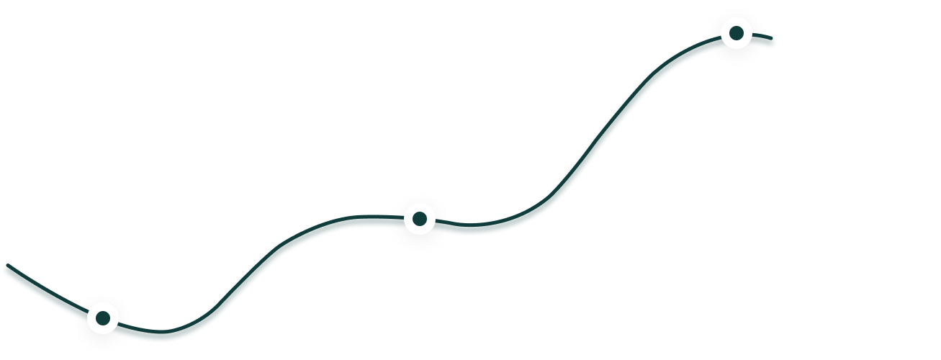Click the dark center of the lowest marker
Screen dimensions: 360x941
click(103, 318)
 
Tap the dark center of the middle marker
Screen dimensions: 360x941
click(419, 217)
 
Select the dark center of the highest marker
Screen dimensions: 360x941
click(737, 32)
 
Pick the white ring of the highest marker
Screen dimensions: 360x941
click(737, 22)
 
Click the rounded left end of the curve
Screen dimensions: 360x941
click(8, 270)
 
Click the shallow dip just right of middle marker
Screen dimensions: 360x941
click(472, 228)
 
